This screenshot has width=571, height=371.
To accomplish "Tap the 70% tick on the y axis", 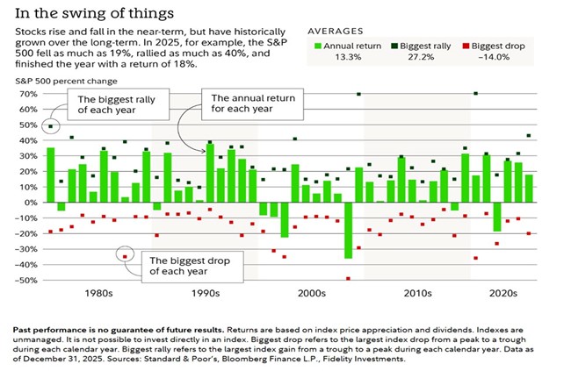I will tap(27, 94).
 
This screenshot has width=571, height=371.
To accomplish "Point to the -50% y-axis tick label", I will tap(25, 281).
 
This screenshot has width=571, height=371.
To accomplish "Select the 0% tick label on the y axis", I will tap(30, 203).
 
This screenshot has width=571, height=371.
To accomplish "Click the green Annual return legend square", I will tap(318, 44).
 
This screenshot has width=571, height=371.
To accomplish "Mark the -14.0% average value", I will tap(485, 57).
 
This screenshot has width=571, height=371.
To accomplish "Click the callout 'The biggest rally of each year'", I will tap(110, 106).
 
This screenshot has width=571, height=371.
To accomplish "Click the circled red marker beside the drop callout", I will tap(125, 256).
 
